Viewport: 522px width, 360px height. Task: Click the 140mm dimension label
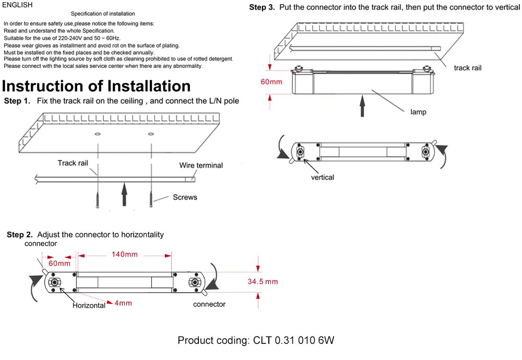pos(125,255)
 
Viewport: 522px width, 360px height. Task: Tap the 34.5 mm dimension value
pos(263,282)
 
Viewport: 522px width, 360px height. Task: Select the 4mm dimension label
pos(123,303)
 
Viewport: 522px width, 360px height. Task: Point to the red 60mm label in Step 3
pos(271,81)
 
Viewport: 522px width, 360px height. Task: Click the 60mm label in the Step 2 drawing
pos(59,263)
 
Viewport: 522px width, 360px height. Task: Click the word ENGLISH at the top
pos(17,5)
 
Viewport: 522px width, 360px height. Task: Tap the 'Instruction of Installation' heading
pos(96,86)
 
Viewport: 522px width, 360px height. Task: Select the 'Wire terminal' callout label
pos(201,165)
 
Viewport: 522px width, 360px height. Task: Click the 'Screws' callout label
pos(185,198)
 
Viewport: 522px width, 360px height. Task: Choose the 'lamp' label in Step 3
pos(418,112)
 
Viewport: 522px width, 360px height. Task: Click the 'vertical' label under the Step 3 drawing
pos(322,177)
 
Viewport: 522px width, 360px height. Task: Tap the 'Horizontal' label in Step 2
pos(89,306)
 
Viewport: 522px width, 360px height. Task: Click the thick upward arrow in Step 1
pos(124,195)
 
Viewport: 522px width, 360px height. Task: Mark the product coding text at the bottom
pos(255,341)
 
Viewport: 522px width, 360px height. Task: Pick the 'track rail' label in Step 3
pos(467,68)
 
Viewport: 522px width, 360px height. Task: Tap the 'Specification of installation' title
pos(102,14)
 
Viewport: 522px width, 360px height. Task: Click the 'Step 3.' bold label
pos(262,7)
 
